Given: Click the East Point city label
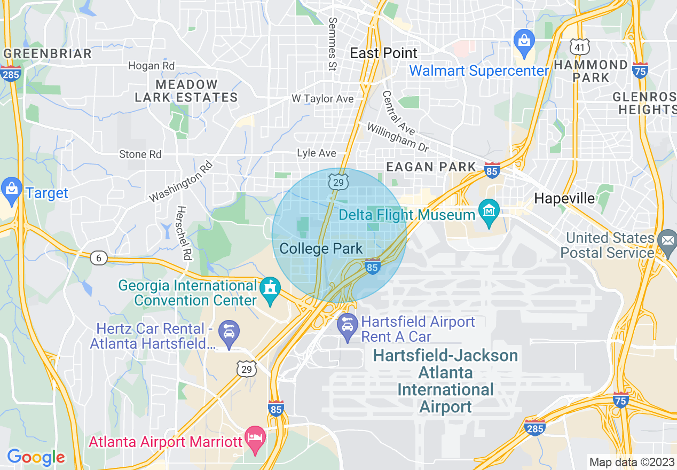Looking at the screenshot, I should coord(383,53).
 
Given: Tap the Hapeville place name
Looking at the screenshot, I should coord(564,198).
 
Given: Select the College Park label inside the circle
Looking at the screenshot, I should coord(321,248).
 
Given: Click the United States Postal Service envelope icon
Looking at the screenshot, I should coord(666,241).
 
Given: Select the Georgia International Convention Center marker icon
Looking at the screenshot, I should coord(270,289).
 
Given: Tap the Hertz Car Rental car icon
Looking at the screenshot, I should coord(229,332).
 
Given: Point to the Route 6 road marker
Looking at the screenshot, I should coord(98,258).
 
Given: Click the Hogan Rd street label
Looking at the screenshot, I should coord(151,66).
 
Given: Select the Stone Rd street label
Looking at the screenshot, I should coord(140,154).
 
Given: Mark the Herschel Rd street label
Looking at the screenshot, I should coord(184,233).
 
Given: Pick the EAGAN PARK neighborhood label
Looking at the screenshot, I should coord(430,167).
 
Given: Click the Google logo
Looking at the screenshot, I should coord(35,457).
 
